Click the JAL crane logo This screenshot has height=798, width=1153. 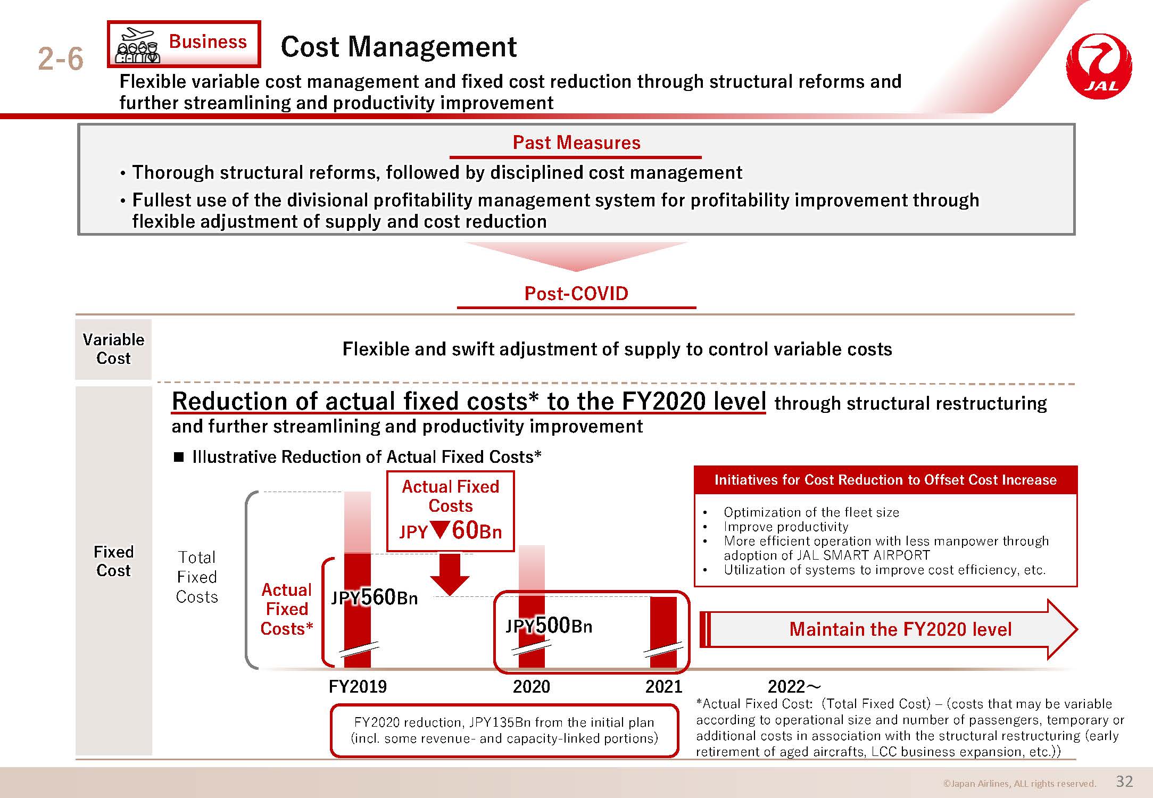(1099, 66)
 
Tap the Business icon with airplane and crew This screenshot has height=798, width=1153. (138, 46)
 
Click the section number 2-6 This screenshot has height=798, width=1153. (61, 59)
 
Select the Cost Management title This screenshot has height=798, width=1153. (399, 47)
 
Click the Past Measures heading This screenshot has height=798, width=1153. (576, 143)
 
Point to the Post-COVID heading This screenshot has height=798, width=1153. (576, 293)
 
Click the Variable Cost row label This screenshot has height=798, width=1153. (113, 349)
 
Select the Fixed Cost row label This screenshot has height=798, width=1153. (113, 561)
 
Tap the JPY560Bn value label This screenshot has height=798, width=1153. (375, 597)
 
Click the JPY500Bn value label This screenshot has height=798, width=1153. (549, 626)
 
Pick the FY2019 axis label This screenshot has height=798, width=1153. (358, 686)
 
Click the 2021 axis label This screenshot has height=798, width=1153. (663, 686)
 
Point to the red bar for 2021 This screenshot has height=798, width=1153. (663, 632)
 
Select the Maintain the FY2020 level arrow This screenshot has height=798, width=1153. (889, 629)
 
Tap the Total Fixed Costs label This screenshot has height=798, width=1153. (197, 577)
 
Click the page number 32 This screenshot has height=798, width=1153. (1124, 781)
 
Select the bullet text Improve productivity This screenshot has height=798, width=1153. (786, 527)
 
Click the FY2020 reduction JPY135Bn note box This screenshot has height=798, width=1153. (504, 730)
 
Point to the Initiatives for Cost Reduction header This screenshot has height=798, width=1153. (885, 480)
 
